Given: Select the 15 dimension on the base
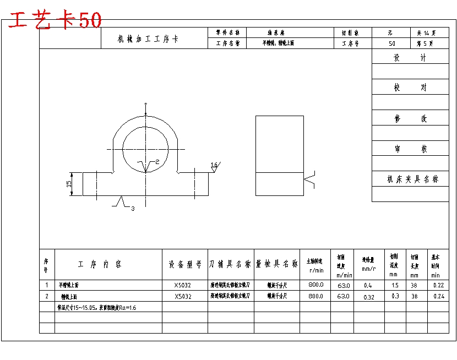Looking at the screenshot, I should pos(69,184).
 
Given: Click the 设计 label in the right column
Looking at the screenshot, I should pos(410,58).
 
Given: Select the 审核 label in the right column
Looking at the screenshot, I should pos(410,149).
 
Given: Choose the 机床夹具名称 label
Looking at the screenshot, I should pos(413,179).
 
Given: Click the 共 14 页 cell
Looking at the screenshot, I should pos(426,33).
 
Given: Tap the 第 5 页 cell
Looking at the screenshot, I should pos(426,43).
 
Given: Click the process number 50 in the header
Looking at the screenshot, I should pos(391,43).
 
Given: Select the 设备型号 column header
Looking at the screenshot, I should pos(185,265).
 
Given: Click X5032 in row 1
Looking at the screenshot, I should pos(183,285).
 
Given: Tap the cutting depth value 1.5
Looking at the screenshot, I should pos(395,285).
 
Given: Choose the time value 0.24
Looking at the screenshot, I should pos(438,296).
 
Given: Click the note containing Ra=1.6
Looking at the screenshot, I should pos(96,308).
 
